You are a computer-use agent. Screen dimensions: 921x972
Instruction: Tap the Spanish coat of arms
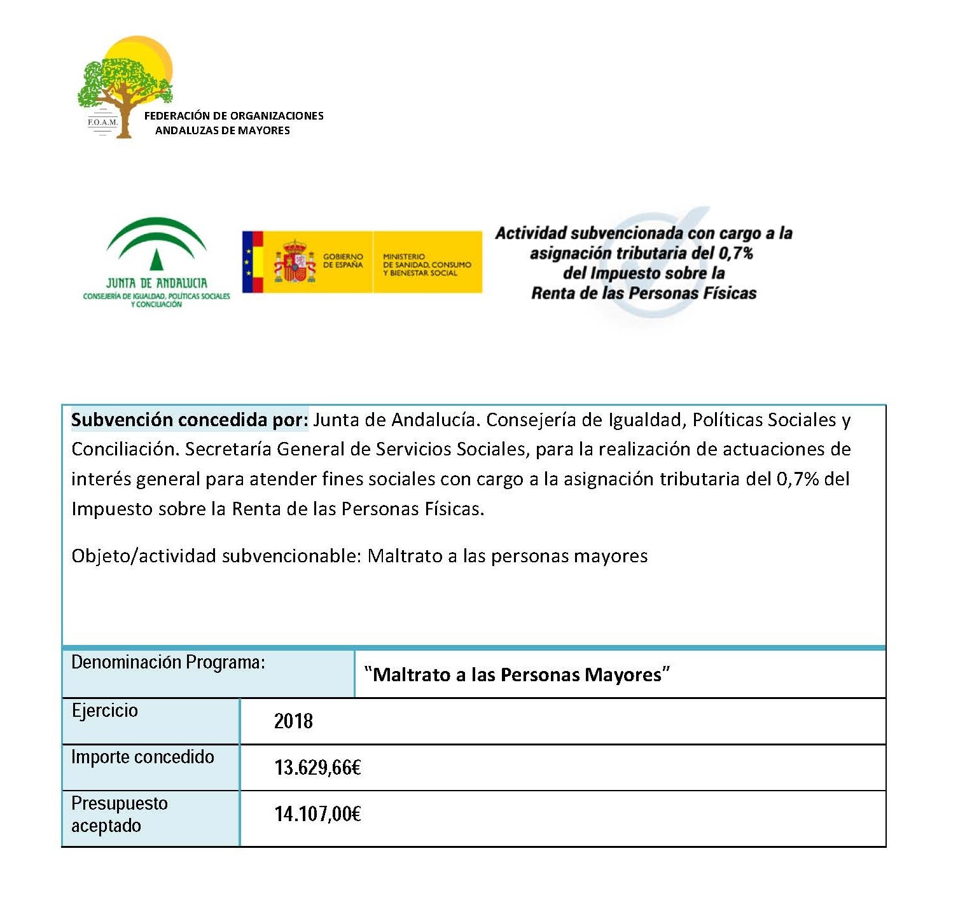click(294, 261)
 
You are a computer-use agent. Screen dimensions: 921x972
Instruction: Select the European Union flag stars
click(249, 262)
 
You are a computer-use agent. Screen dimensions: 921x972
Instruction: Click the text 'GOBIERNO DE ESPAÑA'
click(343, 261)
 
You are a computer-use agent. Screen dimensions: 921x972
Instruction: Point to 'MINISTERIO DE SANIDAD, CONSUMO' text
click(427, 265)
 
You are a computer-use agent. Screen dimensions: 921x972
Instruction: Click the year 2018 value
click(293, 721)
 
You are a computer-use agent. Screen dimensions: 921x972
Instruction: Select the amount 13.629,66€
click(317, 768)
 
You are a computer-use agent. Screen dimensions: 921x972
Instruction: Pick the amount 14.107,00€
click(317, 814)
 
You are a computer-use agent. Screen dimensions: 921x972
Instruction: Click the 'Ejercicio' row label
click(105, 710)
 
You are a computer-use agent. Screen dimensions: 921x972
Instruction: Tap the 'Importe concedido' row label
click(142, 757)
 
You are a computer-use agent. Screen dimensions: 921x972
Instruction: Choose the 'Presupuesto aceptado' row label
click(119, 815)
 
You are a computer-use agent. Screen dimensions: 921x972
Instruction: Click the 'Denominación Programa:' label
click(168, 663)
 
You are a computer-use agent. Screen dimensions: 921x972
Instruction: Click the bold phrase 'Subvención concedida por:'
click(190, 420)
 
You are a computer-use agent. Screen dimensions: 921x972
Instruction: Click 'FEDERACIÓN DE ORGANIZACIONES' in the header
click(233, 116)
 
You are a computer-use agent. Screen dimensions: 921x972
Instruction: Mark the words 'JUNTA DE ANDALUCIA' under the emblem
click(156, 283)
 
